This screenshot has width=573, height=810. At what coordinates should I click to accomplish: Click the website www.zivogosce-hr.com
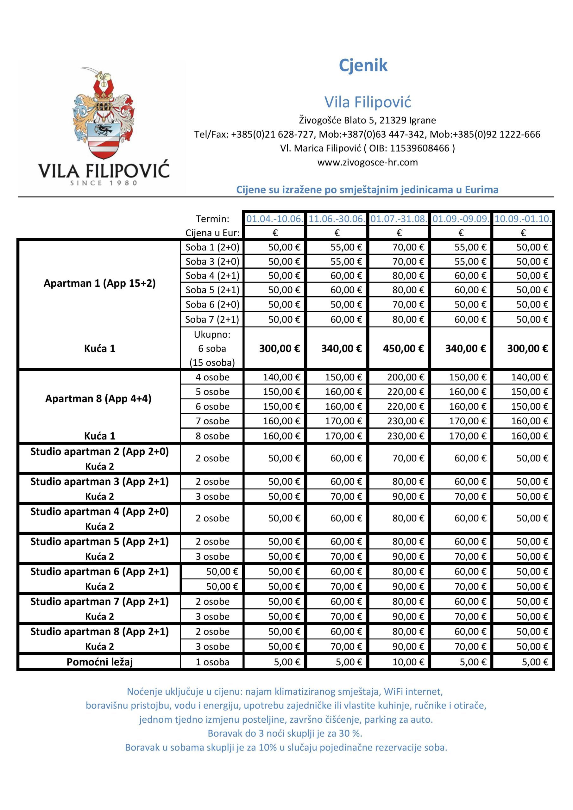pyautogui.click(x=367, y=162)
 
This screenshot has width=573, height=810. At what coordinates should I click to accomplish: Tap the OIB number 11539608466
pyautogui.click(x=419, y=148)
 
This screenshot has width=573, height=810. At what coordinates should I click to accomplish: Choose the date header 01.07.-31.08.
pyautogui.click(x=399, y=219)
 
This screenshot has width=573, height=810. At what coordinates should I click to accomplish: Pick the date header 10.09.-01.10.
pyautogui.click(x=523, y=219)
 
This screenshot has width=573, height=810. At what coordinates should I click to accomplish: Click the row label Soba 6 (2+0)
pyautogui.click(x=212, y=304)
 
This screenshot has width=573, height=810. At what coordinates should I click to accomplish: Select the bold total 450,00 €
pyautogui.click(x=403, y=349)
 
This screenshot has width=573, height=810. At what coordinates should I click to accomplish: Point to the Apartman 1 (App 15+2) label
pyautogui.click(x=99, y=283)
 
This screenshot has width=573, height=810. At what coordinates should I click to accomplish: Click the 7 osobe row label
pyautogui.click(x=212, y=421)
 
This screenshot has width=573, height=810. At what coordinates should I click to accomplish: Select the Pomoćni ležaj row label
pyautogui.click(x=99, y=662)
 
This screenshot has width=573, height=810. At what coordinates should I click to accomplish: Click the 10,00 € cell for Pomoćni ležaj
pyautogui.click(x=408, y=662)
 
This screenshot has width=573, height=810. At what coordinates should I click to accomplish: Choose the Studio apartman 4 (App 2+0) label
pyautogui.click(x=99, y=512)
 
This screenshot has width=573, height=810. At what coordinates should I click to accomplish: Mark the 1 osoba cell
pyautogui.click(x=212, y=662)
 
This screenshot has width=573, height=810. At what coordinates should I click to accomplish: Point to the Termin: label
pyautogui.click(x=212, y=219)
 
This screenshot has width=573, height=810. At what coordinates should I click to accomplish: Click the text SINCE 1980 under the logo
pyautogui.click(x=104, y=183)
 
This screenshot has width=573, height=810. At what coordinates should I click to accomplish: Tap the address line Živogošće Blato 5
pyautogui.click(x=367, y=120)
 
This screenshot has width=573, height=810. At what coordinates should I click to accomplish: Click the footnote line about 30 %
pyautogui.click(x=285, y=733)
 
